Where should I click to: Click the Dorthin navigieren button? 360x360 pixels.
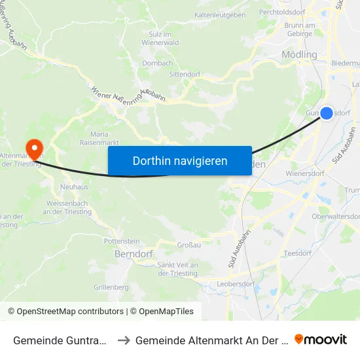click(x=180, y=161)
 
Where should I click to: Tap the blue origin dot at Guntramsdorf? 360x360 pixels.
click(x=327, y=113)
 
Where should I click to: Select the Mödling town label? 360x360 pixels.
click(x=298, y=54)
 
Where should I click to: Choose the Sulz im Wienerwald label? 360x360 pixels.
click(x=156, y=38)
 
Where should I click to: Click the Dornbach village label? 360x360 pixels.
click(x=158, y=63)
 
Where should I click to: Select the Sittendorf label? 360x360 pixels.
click(x=185, y=75)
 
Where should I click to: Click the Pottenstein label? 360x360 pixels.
click(x=122, y=241)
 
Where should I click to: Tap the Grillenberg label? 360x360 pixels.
click(x=111, y=287)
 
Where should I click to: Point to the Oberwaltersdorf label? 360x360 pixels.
click(x=336, y=217)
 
